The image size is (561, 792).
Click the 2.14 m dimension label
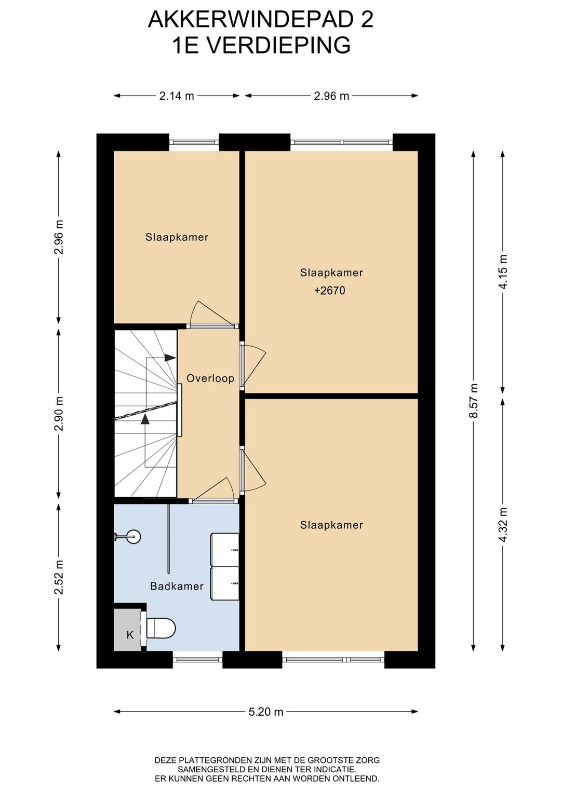(177, 96)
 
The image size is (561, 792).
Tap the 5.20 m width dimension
(266, 712)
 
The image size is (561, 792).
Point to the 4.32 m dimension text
(503, 525)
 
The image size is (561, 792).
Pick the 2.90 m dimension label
(59, 413)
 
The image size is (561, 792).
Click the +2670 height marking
(329, 291)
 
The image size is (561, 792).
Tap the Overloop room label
(210, 379)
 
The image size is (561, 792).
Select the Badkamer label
(177, 586)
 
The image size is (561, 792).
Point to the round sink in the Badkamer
(133, 537)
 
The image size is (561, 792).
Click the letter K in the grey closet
(130, 635)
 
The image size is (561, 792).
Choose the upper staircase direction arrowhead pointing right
(170, 358)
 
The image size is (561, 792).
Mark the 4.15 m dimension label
(503, 272)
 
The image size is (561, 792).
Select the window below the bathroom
(197, 660)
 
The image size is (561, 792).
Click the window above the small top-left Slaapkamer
(194, 142)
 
